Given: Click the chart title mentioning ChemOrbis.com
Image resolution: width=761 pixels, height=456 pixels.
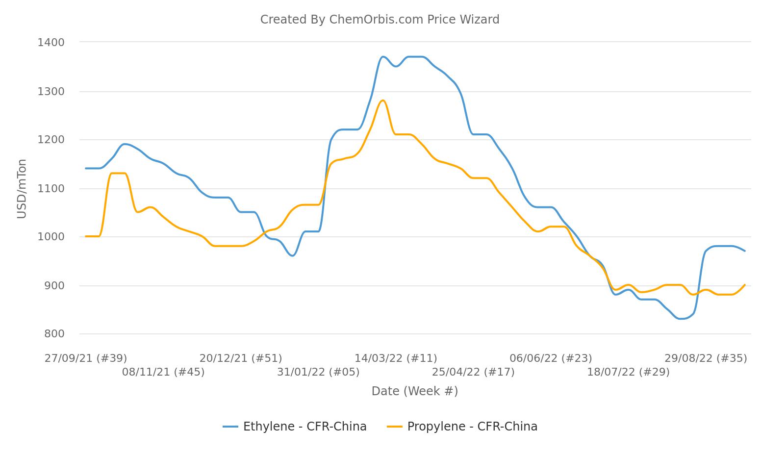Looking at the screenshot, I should (x=380, y=20).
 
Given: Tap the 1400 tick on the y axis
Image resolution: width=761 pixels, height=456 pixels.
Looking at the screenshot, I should (x=51, y=43).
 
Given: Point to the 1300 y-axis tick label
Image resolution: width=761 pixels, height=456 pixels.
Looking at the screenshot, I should (x=51, y=92).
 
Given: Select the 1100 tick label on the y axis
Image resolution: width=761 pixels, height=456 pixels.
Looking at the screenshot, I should (x=51, y=189).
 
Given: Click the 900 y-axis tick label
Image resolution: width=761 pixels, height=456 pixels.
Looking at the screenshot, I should (x=54, y=286).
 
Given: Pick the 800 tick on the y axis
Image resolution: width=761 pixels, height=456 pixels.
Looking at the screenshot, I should (x=54, y=334).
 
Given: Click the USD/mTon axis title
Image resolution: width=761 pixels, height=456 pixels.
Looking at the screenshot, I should (x=22, y=189).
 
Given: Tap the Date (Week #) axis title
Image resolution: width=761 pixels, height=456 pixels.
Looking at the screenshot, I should (x=414, y=391).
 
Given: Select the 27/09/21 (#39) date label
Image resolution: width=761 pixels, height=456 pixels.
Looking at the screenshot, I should (x=86, y=358).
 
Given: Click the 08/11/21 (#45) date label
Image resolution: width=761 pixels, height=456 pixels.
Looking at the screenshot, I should (x=163, y=372).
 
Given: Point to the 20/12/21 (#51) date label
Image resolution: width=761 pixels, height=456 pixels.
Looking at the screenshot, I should (x=241, y=358).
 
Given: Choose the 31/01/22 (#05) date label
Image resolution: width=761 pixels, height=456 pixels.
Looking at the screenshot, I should (x=318, y=372).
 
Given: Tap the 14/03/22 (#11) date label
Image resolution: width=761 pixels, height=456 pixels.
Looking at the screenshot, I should (x=396, y=358).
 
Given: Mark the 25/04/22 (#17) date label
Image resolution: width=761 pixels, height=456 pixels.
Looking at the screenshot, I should (x=473, y=372).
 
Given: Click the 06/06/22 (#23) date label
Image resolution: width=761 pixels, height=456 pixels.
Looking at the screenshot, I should (x=551, y=358).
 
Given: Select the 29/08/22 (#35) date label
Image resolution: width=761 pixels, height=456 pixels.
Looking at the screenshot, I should (x=706, y=358).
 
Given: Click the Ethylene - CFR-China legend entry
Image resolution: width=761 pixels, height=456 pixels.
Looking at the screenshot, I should (x=295, y=427).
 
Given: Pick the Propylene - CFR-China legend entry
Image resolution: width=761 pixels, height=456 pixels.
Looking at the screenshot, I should (x=462, y=427).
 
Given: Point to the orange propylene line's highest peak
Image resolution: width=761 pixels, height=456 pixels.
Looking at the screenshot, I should (x=382, y=101).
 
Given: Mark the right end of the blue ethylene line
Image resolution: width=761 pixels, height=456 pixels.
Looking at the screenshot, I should (x=745, y=251).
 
